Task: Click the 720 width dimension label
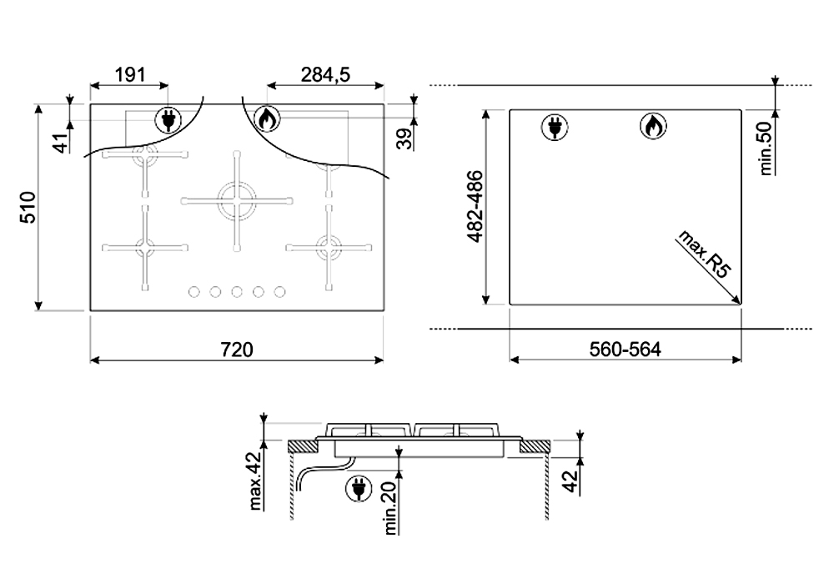tap(237, 349)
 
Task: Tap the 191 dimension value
tap(128, 75)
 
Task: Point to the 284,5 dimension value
tap(324, 75)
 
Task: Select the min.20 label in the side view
tap(389, 509)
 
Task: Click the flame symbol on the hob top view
tap(266, 120)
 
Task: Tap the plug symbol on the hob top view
tap(168, 121)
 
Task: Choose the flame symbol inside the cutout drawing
tap(653, 127)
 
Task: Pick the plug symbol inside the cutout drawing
tap(553, 127)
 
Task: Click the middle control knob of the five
tap(237, 291)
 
